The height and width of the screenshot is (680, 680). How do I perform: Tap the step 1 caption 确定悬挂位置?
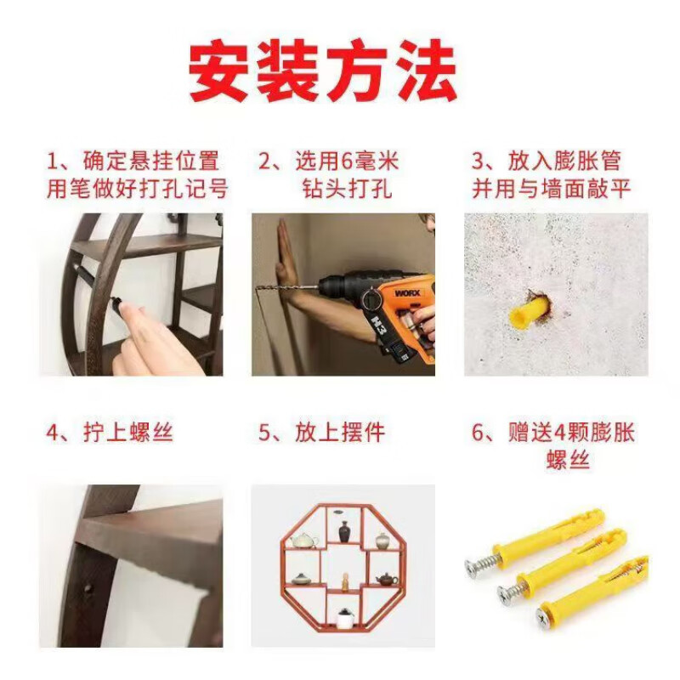[150, 160]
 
